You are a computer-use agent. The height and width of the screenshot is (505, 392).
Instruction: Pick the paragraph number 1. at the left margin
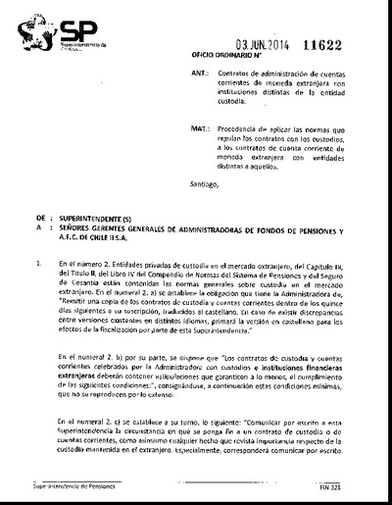click(x=37, y=263)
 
